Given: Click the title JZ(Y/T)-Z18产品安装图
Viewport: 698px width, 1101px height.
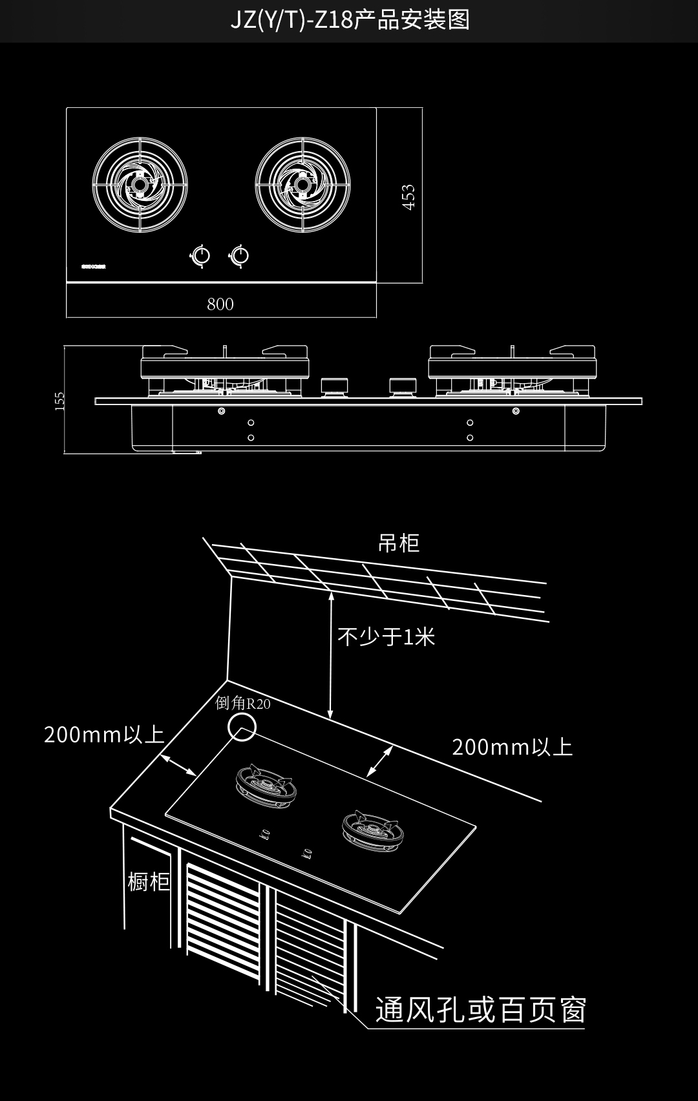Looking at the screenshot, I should [x=350, y=21].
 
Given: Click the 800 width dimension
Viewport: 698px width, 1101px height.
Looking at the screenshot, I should [x=220, y=304].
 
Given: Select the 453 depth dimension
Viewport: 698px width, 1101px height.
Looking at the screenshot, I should [x=408, y=197].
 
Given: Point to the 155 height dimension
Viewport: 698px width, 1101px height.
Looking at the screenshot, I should [x=60, y=401].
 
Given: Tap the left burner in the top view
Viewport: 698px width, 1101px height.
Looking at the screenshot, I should [x=140, y=185].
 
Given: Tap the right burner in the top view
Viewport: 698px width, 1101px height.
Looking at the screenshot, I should [x=302, y=185].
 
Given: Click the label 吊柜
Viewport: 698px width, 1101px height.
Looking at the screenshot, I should [x=398, y=543].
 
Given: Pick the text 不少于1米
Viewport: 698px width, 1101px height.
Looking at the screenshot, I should [x=386, y=637].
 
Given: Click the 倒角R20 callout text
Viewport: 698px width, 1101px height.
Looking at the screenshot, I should [x=243, y=703].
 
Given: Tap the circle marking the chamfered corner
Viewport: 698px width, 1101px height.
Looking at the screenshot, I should [x=242, y=728].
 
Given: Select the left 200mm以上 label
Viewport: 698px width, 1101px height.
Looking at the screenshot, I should [x=104, y=735].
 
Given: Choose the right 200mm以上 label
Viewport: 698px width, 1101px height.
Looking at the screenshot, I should [x=512, y=748].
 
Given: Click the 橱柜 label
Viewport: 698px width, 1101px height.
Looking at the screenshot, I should [x=149, y=881].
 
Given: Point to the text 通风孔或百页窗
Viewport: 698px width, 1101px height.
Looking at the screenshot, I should [x=481, y=1010].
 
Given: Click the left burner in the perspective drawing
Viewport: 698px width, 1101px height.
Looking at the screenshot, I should [x=265, y=786].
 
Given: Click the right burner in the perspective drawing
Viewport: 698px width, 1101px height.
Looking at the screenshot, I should [x=371, y=831].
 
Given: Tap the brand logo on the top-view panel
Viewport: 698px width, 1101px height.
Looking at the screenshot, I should [x=93, y=266].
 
